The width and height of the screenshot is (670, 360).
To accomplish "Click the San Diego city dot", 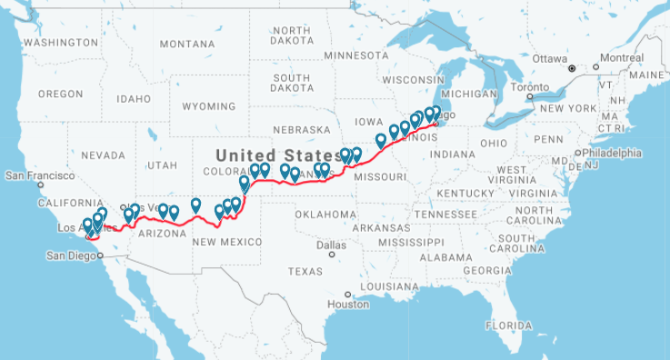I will coord(101,255).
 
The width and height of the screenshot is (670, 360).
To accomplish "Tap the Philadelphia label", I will coord(613,153).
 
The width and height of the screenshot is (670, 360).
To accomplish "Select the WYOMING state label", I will coord(208,106).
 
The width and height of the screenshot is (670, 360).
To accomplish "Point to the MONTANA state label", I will coord(186,44).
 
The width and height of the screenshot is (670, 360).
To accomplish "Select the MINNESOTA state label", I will coord(355,55).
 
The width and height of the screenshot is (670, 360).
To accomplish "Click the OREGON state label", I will coord(61,94).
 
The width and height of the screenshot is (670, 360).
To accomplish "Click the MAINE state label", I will coord(650,75).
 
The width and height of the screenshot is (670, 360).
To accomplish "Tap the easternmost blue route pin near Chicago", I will coord(435,113).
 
